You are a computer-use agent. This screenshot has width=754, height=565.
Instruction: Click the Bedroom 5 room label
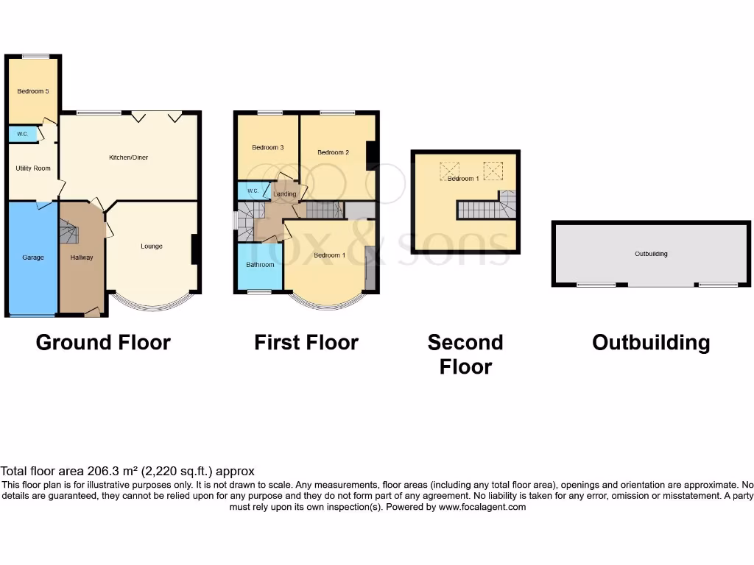pos(32,91)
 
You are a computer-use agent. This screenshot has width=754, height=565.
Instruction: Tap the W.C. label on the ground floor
pos(18,135)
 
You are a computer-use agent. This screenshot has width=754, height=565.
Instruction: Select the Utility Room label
pos(33,168)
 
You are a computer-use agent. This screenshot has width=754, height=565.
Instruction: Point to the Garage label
pos(32,257)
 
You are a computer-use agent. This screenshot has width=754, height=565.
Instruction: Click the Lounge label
pos(152,246)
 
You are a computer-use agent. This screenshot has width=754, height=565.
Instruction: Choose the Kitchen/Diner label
pos(129,157)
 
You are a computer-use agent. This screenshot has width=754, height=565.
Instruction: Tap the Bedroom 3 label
pos(267,148)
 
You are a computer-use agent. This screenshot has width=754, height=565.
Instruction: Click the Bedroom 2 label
pos(333,152)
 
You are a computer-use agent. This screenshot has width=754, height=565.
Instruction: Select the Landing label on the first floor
pos(284,194)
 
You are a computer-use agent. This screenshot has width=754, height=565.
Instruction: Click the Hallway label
pos(82,257)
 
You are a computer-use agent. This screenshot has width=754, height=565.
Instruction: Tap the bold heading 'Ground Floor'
pos(103,343)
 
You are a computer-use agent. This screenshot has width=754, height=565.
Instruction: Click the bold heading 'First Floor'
pos(306,343)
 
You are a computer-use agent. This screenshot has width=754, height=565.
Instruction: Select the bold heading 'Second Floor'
pos(465,354)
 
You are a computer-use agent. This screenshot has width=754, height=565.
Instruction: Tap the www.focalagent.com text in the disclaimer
pos(482,507)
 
